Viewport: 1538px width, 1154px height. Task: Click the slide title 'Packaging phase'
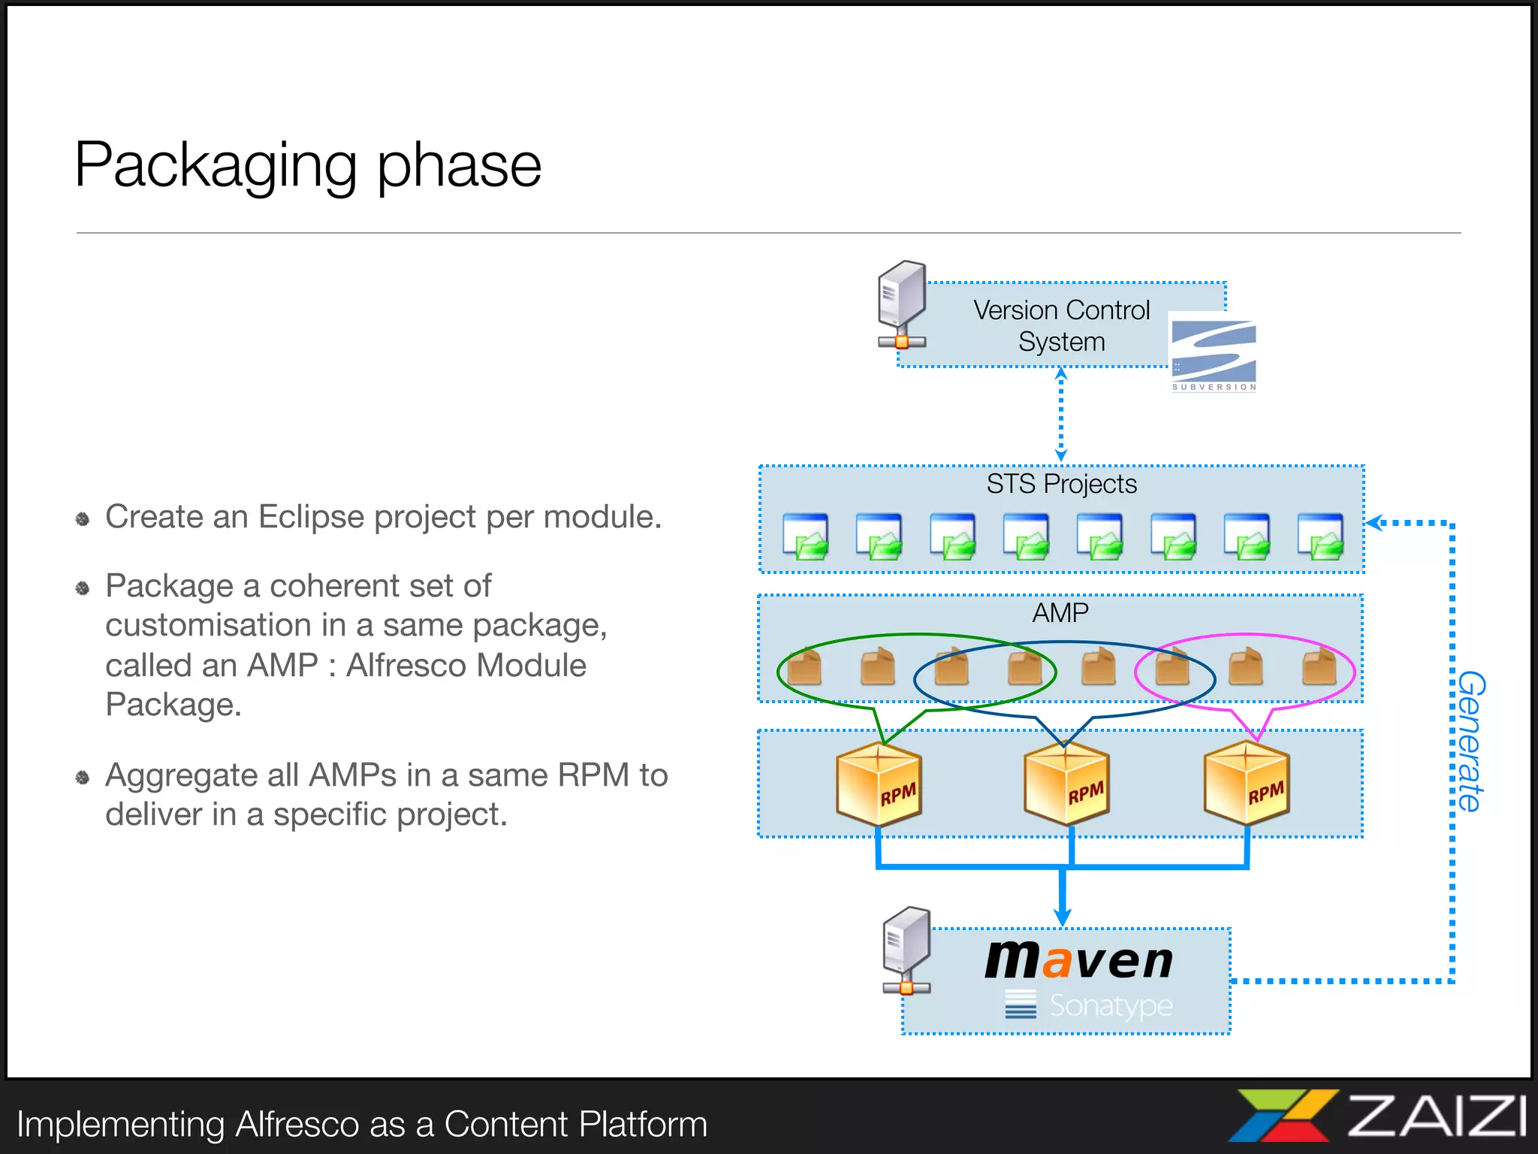point(308,165)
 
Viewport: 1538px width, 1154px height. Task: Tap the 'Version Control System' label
point(1061,325)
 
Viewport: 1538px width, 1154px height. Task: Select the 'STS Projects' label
point(1061,484)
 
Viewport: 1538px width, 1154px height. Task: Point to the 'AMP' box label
point(1060,613)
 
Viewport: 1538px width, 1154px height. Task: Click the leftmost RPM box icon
point(879,784)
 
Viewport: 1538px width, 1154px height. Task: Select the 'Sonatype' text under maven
point(1110,1005)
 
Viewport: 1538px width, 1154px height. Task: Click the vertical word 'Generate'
point(1471,741)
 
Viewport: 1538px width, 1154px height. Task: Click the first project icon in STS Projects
point(805,536)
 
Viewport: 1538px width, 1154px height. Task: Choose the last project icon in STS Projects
point(1321,536)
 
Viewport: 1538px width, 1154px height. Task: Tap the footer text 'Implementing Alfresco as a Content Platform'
point(362,1125)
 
